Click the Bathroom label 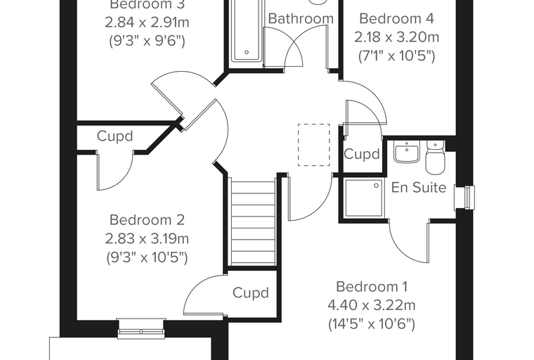click(301, 18)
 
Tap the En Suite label click(419, 187)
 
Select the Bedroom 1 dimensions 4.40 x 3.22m click(371, 304)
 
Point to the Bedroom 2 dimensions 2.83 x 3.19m click(147, 238)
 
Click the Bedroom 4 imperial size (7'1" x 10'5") click(397, 56)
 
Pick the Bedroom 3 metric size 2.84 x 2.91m click(147, 22)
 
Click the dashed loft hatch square click(313, 145)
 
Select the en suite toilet click(435, 157)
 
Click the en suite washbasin click(406, 152)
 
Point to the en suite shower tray click(364, 198)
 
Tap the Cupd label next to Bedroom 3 click(115, 136)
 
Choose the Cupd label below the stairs click(251, 292)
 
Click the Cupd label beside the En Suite click(362, 154)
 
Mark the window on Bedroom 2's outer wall click(141, 328)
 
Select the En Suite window click(465, 198)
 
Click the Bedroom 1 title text click(372, 286)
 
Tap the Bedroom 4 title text click(397, 18)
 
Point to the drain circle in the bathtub click(247, 52)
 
